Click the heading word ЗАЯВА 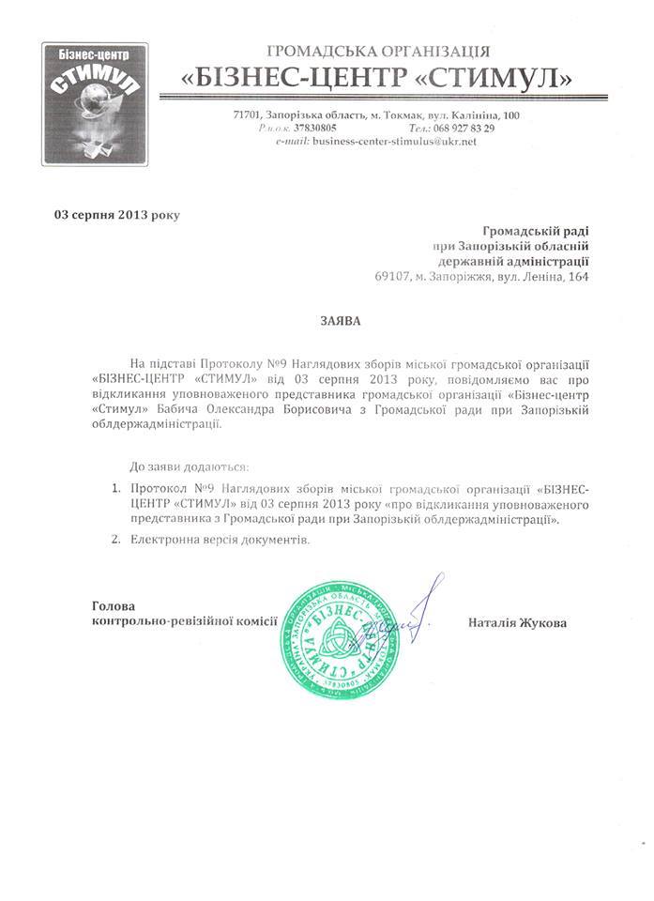pos(335,320)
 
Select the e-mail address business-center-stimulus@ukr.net pos(395,141)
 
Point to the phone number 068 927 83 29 pos(464,128)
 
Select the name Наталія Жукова pos(516,622)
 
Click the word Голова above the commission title pos(114,605)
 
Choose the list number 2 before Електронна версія pos(114,541)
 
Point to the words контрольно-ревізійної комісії pos(185,622)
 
